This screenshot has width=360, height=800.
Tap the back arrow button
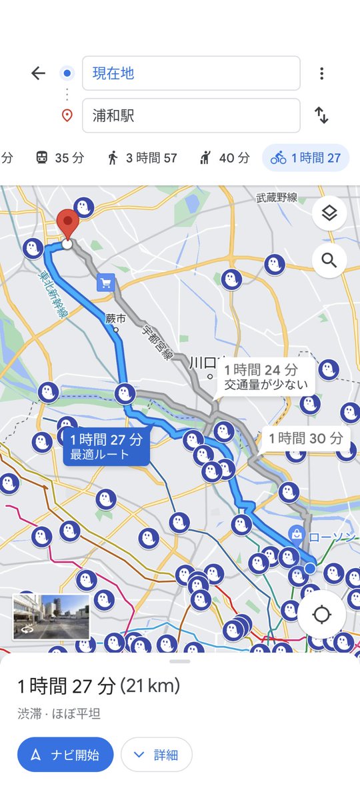tap(38, 73)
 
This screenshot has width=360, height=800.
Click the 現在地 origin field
tap(191, 73)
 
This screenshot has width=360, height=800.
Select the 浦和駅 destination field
tap(191, 115)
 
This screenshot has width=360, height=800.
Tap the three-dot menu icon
tap(322, 73)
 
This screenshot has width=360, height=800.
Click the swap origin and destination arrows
tap(322, 115)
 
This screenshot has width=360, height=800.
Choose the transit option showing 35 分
tap(60, 158)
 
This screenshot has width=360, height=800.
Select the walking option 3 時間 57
tap(142, 158)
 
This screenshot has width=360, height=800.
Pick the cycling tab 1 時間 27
tap(306, 158)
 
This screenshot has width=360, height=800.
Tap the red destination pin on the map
tap(67, 224)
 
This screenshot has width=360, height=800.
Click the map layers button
tap(329, 213)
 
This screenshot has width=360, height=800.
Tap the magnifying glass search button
tap(329, 260)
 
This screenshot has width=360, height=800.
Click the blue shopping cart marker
tap(105, 283)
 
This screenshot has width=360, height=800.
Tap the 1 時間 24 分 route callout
tap(261, 377)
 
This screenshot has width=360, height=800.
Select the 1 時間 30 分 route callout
tap(306, 438)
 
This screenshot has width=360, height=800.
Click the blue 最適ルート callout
tap(107, 447)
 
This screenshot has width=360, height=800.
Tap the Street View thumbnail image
tap(51, 616)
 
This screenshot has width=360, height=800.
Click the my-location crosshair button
tap(321, 614)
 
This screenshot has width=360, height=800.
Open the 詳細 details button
tap(157, 755)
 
